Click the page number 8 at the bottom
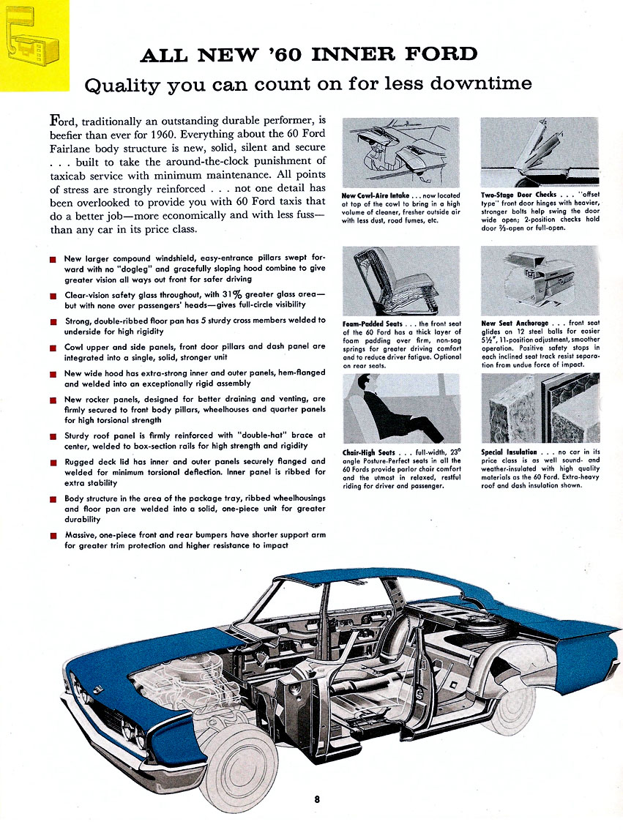(317, 799)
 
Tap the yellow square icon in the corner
(34, 45)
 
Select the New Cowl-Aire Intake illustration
(400, 152)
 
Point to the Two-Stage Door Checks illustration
(540, 152)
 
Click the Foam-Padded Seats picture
(400, 280)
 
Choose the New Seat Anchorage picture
(540, 280)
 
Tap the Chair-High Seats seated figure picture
(400, 408)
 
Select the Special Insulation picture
(540, 408)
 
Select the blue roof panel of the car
(381, 582)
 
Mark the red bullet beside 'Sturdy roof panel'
(53, 437)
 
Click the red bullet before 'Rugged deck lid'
(53, 463)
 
